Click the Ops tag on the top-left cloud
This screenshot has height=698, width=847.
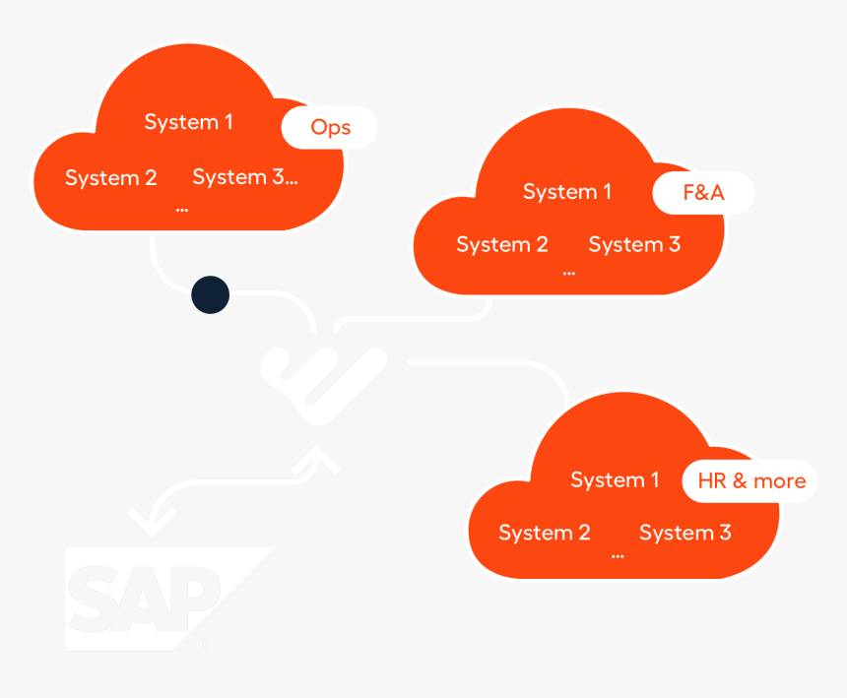click(x=330, y=127)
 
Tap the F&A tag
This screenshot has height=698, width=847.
click(x=703, y=193)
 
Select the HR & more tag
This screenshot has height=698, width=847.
click(x=750, y=481)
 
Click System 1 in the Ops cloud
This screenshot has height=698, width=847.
click(x=188, y=122)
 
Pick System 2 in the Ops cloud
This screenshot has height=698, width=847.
click(x=110, y=178)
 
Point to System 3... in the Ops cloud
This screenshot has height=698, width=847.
click(x=245, y=177)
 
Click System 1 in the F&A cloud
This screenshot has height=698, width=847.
click(x=566, y=192)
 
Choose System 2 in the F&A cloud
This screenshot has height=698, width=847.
click(x=501, y=244)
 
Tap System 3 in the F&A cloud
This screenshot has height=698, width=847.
click(x=634, y=244)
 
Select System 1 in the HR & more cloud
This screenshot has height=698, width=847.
click(x=615, y=480)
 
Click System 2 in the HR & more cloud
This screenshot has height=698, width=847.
click(x=544, y=533)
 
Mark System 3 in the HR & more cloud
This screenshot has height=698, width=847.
click(x=684, y=533)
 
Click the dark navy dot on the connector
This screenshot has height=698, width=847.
click(x=210, y=294)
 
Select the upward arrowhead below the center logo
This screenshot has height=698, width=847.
click(x=318, y=457)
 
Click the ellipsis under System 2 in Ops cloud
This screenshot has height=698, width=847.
click(x=181, y=209)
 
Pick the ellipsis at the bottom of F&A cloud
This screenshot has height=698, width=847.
click(x=568, y=272)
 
